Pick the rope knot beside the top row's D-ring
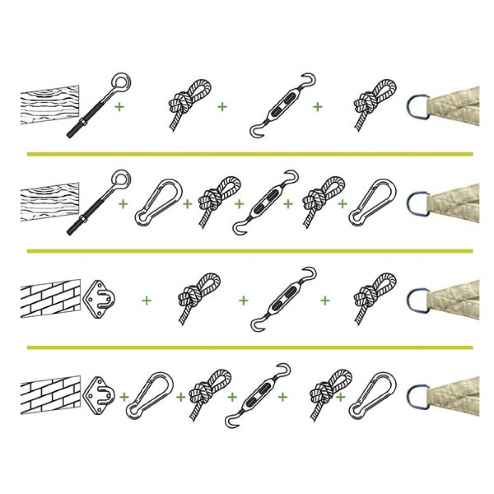click(x=374, y=103)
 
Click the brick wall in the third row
click(x=49, y=298)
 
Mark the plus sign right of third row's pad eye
click(x=146, y=300)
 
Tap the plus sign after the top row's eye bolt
click(x=119, y=106)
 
